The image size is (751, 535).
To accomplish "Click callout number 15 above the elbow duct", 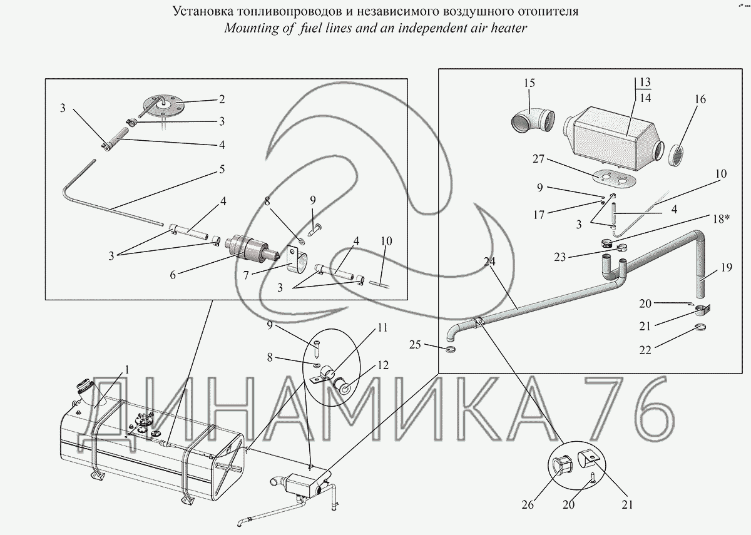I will coord(530,83).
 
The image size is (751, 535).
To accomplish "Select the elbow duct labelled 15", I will coord(530,120).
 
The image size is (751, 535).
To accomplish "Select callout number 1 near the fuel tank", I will coord(126,369).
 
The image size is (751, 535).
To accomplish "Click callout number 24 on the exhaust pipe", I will coord(489,262).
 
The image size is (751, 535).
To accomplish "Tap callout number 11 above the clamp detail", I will coord(382,327).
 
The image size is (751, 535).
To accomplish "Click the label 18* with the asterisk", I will coord(720,218).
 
